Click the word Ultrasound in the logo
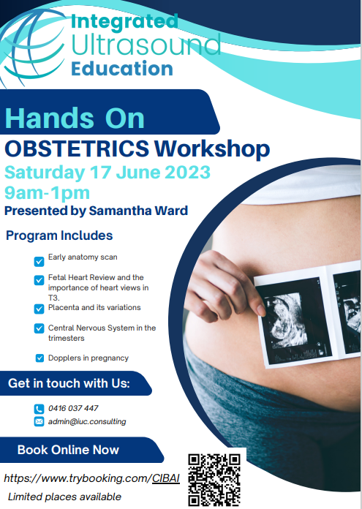click(146, 45)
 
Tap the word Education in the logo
click(122, 69)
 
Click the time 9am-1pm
click(47, 193)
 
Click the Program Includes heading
click(59, 235)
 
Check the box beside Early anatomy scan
click(39, 260)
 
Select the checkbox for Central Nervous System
click(39, 328)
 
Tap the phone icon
click(39, 409)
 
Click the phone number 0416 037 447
click(73, 408)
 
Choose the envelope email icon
click(39, 422)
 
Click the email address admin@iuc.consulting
click(87, 421)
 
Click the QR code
click(215, 480)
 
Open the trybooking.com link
click(91, 478)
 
